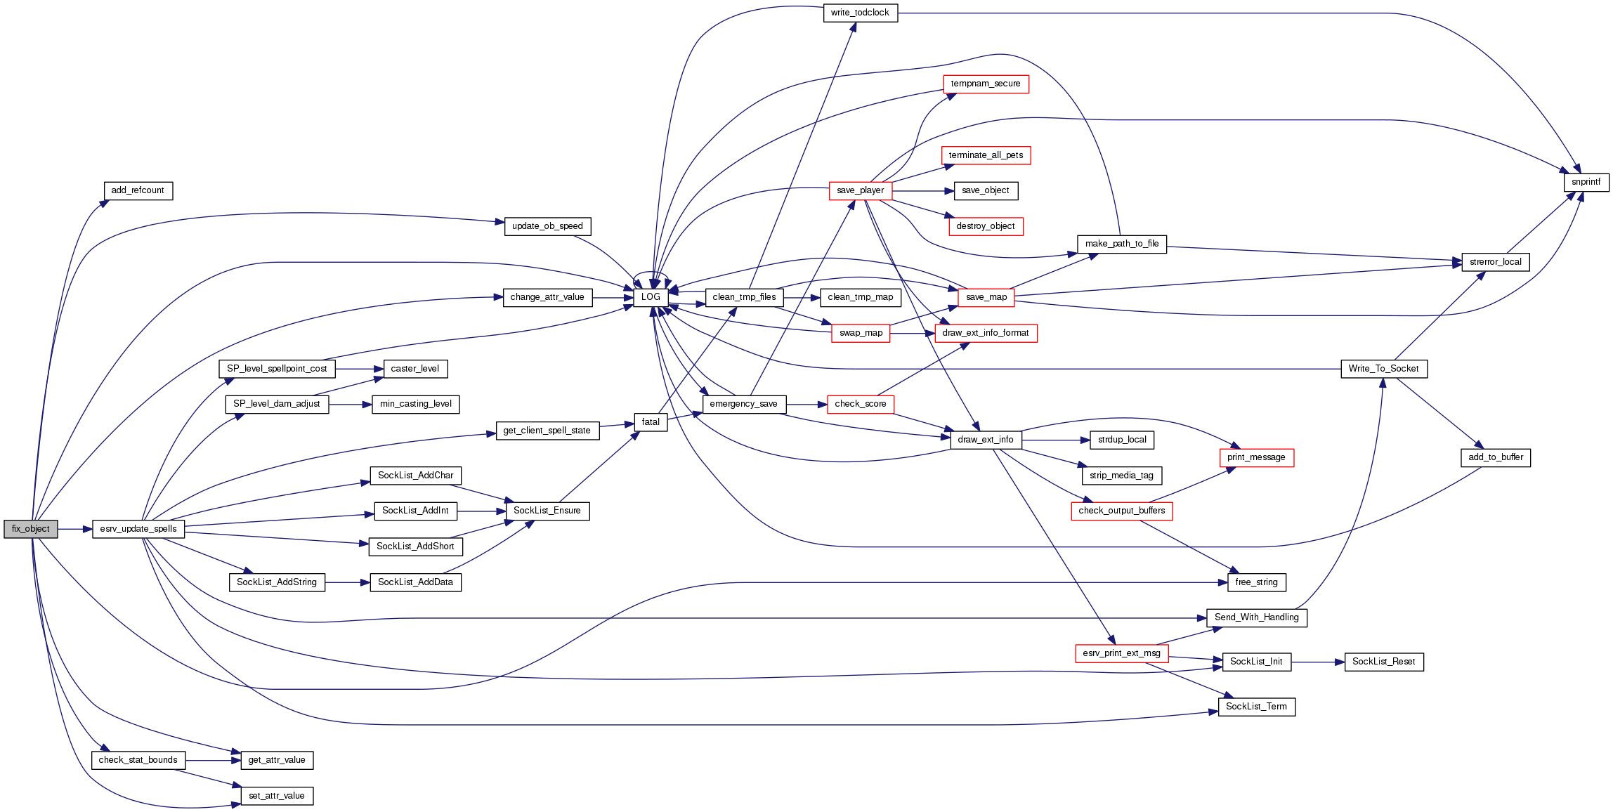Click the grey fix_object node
pos(30,529)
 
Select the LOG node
pos(651,297)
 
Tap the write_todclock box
pos(860,13)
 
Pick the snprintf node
pos(1586,182)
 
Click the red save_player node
pos(860,190)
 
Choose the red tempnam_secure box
pos(985,84)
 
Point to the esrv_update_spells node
pos(138,529)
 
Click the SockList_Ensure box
pos(547,511)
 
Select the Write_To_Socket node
pos(1383,369)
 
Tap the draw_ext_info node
pos(985,440)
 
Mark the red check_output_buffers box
pos(1121,511)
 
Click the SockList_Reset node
pos(1383,662)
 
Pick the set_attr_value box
pos(277,796)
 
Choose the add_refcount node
pos(138,190)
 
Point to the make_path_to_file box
pos(1121,244)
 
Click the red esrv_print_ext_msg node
pos(1121,653)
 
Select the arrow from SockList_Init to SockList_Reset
pos(1317,662)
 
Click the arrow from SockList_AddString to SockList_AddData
pos(347,582)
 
